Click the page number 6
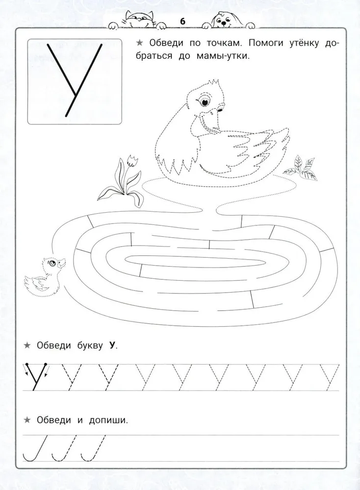coord(182,21)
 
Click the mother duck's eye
coord(205,102)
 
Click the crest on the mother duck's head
coord(213,83)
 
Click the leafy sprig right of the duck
coord(300,168)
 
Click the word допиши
coord(108,420)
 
